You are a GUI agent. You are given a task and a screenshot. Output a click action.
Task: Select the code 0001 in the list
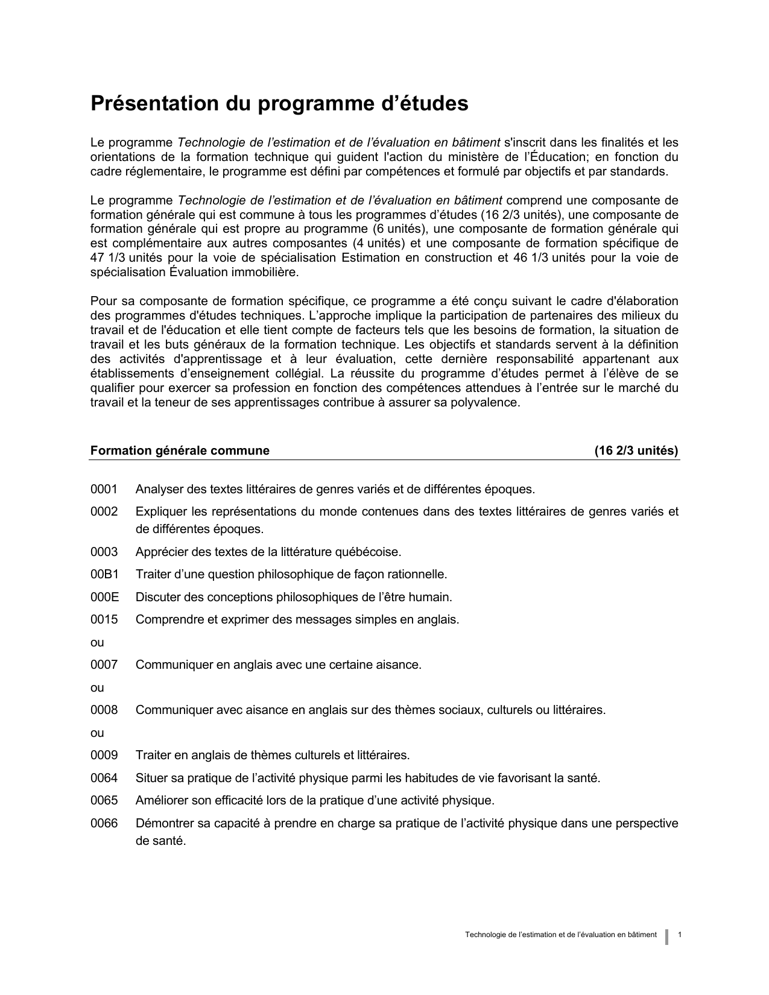[x=104, y=489]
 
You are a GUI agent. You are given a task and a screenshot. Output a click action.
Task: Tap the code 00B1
[x=104, y=575]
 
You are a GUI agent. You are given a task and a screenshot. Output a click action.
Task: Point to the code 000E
[x=104, y=598]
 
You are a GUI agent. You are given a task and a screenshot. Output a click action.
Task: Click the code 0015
[x=104, y=620]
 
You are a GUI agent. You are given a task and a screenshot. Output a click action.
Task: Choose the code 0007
[x=104, y=665]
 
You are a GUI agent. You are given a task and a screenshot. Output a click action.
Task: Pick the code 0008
[x=104, y=710]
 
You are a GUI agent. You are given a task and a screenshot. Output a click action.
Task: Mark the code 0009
[x=104, y=756]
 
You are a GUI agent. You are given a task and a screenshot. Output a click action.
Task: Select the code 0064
[x=104, y=779]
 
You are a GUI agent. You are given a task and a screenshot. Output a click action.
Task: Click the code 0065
[x=104, y=801]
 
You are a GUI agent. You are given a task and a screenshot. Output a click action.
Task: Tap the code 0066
[x=104, y=824]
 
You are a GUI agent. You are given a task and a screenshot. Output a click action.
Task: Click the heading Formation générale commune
[x=180, y=451]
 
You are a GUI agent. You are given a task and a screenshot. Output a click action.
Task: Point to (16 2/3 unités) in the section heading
[x=636, y=451]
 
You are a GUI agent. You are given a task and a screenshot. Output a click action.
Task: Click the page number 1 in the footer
[x=680, y=935]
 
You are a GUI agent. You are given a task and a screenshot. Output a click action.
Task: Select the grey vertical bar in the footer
[x=667, y=937]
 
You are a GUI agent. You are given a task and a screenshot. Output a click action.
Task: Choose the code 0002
[x=104, y=512]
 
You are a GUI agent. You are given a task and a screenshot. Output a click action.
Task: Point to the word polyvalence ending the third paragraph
[x=485, y=403]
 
